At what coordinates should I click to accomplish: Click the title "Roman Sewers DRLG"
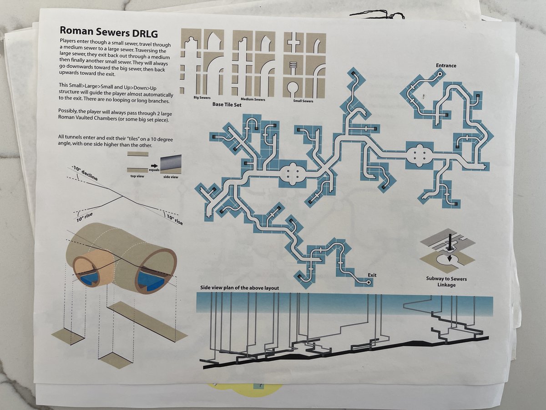[109, 31]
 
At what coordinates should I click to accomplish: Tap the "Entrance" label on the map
[446, 66]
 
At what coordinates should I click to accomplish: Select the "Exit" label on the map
[372, 275]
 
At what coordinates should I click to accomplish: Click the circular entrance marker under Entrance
[440, 74]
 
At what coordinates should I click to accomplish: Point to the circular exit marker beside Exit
[369, 282]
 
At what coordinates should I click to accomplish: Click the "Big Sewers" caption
[202, 98]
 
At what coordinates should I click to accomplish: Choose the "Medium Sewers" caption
[253, 99]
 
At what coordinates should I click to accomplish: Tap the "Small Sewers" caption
[303, 101]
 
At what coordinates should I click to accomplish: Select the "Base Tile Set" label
[227, 105]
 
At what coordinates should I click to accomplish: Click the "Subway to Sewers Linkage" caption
[446, 282]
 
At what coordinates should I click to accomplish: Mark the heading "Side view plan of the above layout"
[239, 288]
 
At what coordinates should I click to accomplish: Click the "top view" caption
[137, 176]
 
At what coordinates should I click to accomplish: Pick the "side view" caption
[171, 177]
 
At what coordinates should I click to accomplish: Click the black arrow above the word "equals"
[154, 165]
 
